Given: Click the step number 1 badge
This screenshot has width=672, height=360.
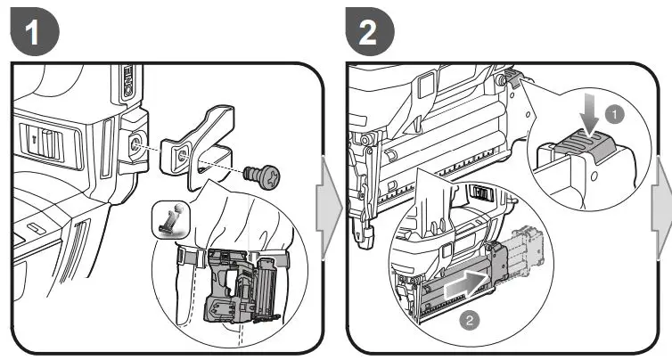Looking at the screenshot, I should tap(33, 33).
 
